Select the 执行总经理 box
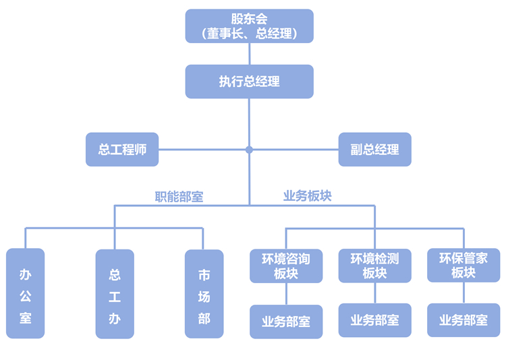pos(249,82)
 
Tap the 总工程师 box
pos(122,149)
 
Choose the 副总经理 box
pos(374,149)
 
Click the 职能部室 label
pos(179,197)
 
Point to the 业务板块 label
pos(307,196)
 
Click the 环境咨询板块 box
pos(286,266)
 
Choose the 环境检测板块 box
pos(374,266)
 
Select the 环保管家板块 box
pos(463,266)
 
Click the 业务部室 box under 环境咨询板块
pos(286,321)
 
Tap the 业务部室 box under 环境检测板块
pos(374,320)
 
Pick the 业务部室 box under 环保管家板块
pos(463,320)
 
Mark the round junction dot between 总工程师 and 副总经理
pos(249,149)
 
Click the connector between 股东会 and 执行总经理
pos(249,54)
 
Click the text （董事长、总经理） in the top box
pos(249,33)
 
